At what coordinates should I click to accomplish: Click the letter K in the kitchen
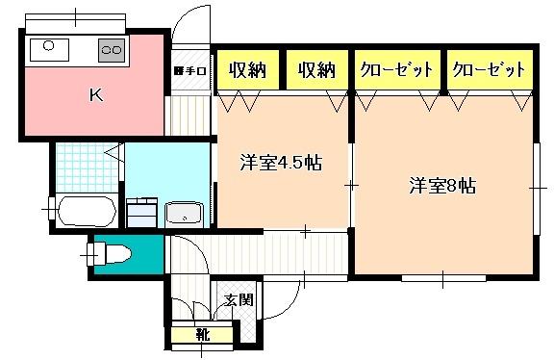[96, 95]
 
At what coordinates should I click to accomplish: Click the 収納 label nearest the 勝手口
[247, 69]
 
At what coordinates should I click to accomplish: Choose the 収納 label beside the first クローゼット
[316, 69]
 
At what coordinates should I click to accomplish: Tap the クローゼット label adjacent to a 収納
[396, 69]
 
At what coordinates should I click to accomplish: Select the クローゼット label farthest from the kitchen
[489, 69]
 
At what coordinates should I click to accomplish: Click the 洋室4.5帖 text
[280, 164]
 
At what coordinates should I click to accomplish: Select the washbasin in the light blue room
[183, 213]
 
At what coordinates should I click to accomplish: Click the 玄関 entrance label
[239, 298]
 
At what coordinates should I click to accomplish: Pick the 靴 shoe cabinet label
[202, 335]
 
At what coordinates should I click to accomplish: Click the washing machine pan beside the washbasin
[141, 211]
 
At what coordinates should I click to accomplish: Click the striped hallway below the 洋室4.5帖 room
[260, 252]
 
